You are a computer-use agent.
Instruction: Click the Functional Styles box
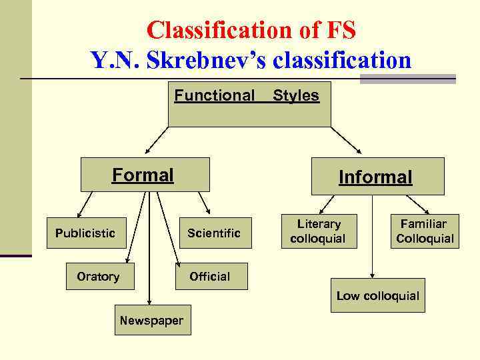249,105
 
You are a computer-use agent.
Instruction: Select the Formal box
145,175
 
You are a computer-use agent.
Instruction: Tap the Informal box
375,177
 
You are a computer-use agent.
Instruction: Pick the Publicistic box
85,233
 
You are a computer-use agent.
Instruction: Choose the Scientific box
213,233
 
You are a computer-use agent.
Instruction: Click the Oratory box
98,277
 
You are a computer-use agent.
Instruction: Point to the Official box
210,277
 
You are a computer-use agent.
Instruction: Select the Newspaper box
151,321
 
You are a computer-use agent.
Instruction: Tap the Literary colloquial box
319,231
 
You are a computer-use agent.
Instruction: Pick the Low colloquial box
377,295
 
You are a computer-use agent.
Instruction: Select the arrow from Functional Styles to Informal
347,140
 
